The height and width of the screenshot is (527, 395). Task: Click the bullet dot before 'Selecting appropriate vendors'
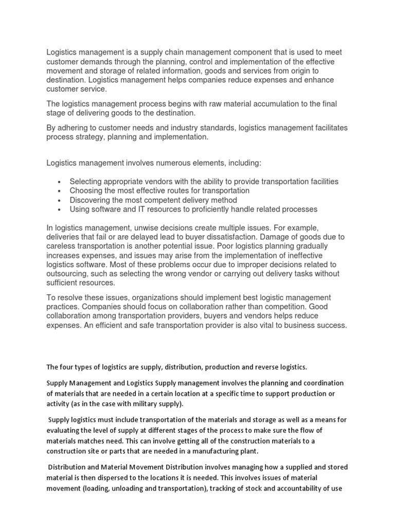[60, 182]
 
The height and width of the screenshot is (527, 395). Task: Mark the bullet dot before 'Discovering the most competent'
[60, 201]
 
